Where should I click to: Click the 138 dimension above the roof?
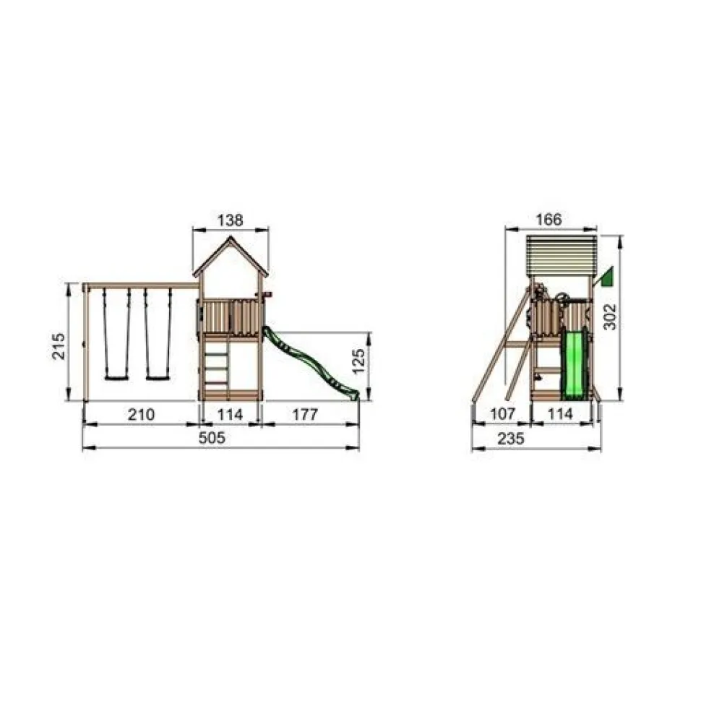[x=231, y=220]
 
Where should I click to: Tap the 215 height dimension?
[x=59, y=345]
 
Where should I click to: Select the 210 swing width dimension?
[x=141, y=414]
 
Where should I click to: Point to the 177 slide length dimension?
[x=305, y=414]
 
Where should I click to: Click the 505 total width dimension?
[x=212, y=438]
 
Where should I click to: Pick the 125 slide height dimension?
[x=358, y=361]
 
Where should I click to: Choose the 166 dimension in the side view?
[x=548, y=220]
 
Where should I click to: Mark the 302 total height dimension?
[x=610, y=317]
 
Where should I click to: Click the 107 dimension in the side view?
[x=503, y=414]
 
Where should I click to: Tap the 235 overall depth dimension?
[x=510, y=439]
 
